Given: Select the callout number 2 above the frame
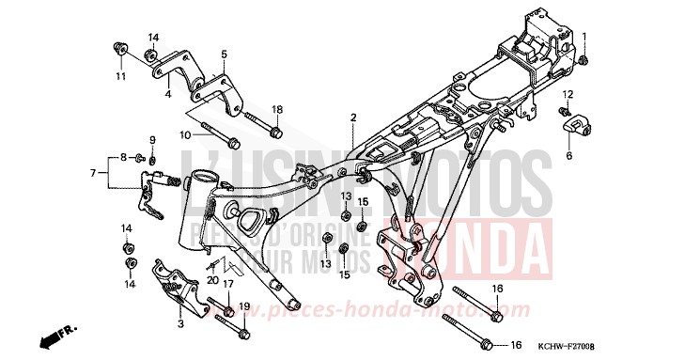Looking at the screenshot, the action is [x=353, y=117].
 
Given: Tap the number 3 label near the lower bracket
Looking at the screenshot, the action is [x=180, y=322].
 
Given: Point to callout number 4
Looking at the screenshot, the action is [x=168, y=94].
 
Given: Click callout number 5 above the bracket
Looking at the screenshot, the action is [x=225, y=55].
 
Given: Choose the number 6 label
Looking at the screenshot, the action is [x=568, y=156].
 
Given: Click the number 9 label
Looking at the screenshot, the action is [x=151, y=140].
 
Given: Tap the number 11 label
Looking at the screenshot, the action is [x=119, y=75].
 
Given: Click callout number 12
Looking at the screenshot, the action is [x=568, y=95].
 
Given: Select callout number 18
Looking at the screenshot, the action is [x=276, y=110].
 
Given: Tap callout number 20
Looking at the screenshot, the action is [x=212, y=280].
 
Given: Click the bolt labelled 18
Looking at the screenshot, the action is [x=257, y=119].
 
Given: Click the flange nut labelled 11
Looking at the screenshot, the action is [x=120, y=47].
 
